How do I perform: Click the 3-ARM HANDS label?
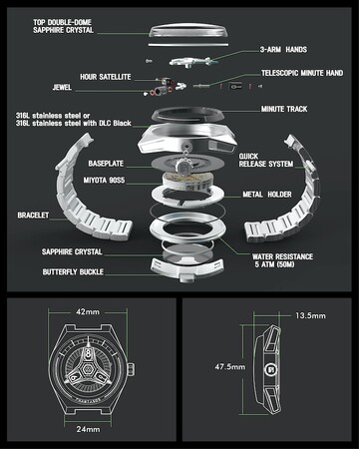pos(283,50)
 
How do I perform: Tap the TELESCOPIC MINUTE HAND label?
pos(302,73)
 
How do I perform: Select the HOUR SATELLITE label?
pos(106,77)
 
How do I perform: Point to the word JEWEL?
pos(62,87)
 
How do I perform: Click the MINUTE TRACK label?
pos(284,109)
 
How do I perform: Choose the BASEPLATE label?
pos(106,164)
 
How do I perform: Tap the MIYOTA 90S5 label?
pos(104,181)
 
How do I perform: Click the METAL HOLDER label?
pos(267,195)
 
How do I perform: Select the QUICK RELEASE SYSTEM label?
pos(266,160)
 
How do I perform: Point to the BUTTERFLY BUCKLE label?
pos(73,272)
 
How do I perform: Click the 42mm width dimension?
pos(88,312)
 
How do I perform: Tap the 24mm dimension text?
pos(88,429)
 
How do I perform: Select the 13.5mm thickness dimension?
pos(310,315)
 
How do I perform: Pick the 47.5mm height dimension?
pos(230,367)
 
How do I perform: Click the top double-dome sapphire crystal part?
pos(188,31)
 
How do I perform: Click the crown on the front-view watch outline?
pos(132,368)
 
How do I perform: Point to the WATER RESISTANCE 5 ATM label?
pos(282,260)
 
